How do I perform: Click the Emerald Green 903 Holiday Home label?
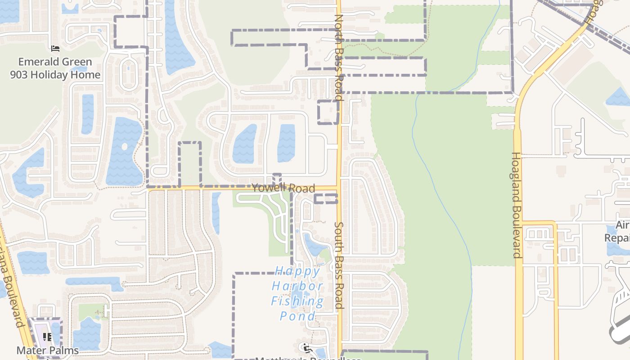point(55,68)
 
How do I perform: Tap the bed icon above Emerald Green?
point(55,48)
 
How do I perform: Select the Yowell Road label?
point(283,188)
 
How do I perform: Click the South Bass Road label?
point(339,265)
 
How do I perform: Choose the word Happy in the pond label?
point(298,271)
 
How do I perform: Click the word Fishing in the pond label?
point(297,301)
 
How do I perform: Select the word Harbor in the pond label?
point(297,286)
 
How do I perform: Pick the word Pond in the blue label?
point(297,316)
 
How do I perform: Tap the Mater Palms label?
point(48,350)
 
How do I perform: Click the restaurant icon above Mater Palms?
point(47,337)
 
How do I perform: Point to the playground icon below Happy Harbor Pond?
point(306,347)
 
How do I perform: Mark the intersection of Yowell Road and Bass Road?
point(339,187)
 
